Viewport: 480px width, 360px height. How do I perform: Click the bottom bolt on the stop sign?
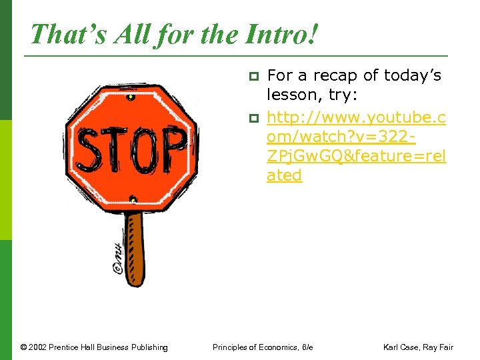[x=133, y=199]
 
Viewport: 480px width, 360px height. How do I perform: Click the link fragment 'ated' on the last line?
[x=284, y=175]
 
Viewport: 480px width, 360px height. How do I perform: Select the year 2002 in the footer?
[x=40, y=347]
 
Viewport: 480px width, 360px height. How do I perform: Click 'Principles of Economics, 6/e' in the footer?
[x=263, y=347]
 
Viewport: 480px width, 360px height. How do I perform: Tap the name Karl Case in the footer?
[x=402, y=347]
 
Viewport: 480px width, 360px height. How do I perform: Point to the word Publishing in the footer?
[x=148, y=347]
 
